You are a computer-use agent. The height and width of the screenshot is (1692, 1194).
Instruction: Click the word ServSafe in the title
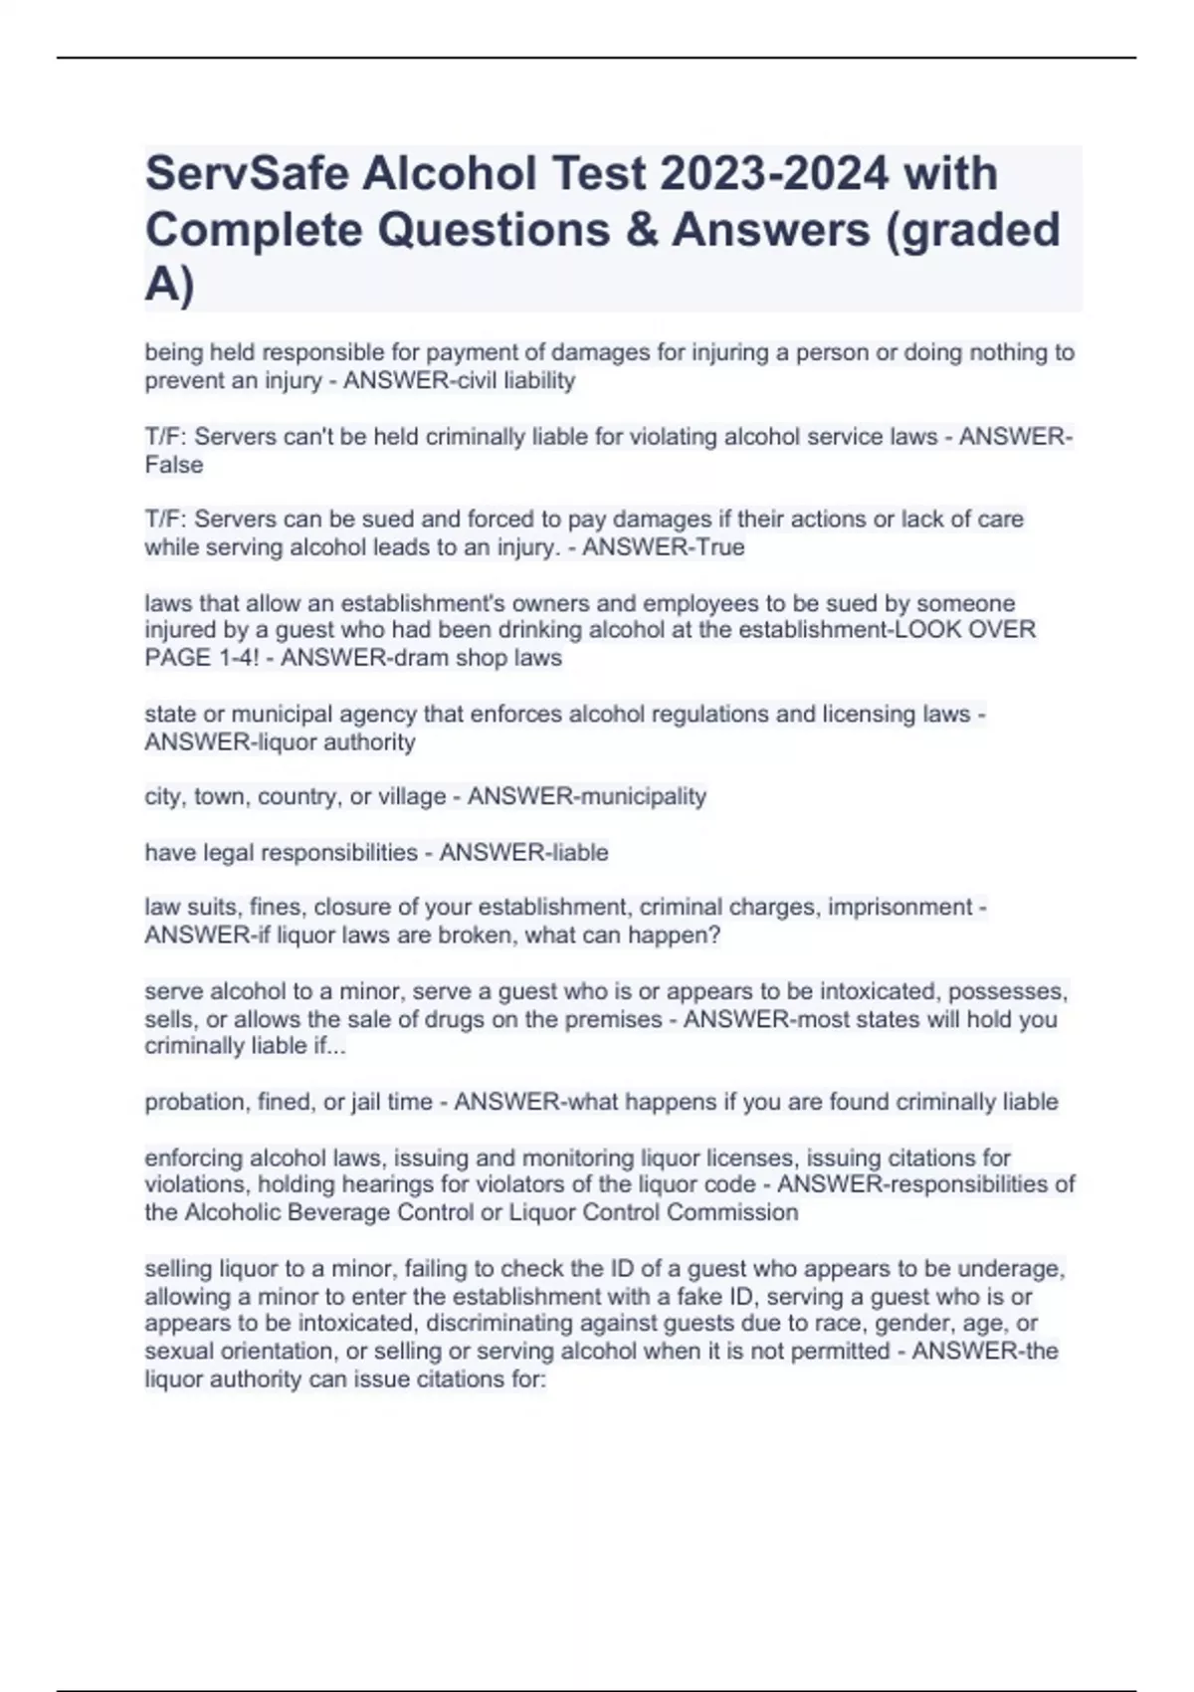pos(246,174)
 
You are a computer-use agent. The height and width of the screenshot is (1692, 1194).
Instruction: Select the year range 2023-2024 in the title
pos(773,174)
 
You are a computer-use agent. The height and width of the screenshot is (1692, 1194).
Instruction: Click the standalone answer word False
pos(174,465)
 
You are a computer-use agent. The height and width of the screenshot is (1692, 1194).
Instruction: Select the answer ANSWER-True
pos(663,547)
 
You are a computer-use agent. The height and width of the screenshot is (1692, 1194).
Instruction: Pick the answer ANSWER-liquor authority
pos(280,741)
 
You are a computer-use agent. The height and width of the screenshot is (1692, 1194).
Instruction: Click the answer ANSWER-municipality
pos(587,796)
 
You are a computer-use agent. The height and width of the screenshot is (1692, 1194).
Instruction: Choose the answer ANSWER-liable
pos(523,852)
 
